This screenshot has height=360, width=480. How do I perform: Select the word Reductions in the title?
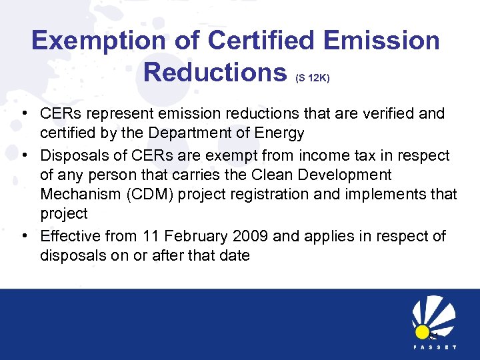pyautogui.click(x=214, y=73)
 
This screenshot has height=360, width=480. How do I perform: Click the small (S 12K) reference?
pyautogui.click(x=312, y=78)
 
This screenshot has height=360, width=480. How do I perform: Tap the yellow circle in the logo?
pyautogui.click(x=422, y=331)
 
